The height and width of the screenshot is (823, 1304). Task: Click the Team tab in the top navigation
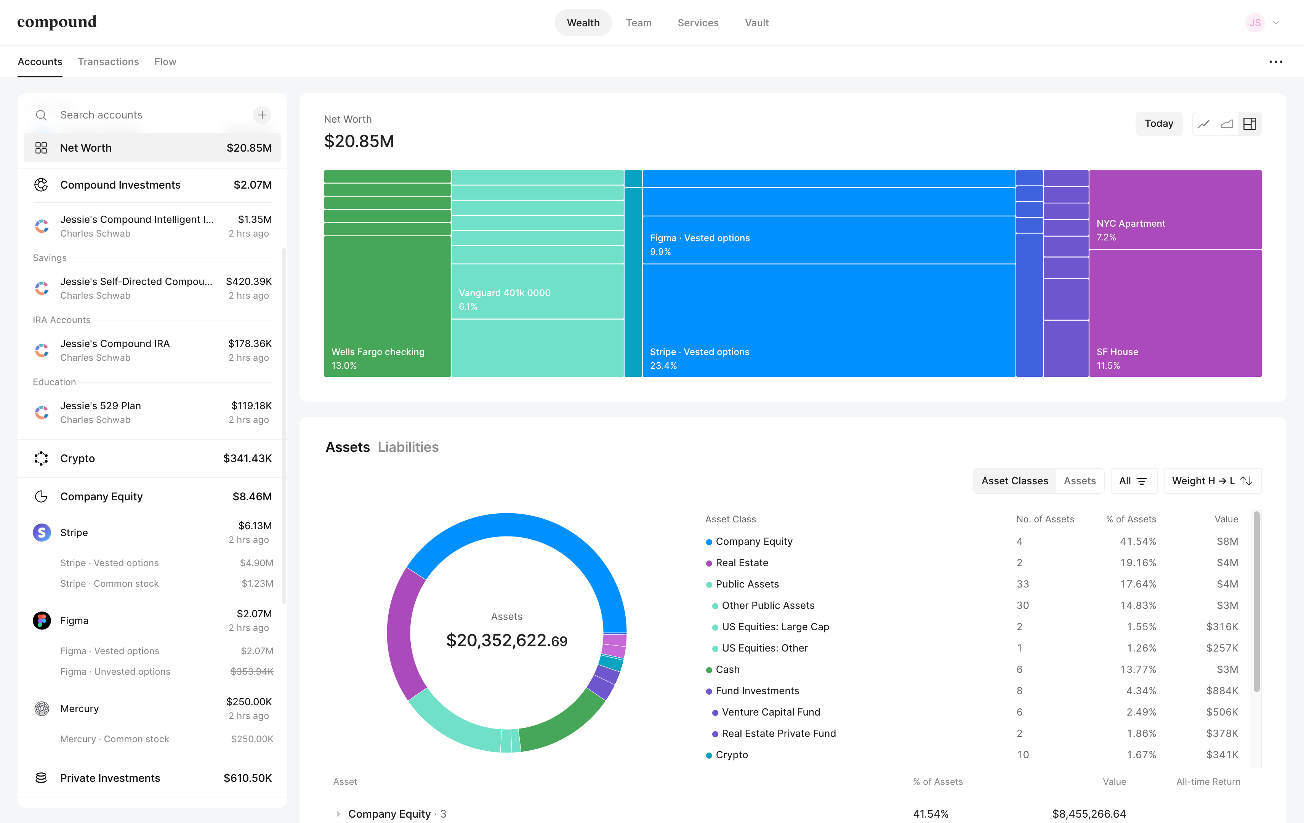tap(638, 23)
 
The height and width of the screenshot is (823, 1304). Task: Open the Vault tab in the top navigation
tap(756, 23)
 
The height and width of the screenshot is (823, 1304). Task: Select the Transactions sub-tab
tap(108, 62)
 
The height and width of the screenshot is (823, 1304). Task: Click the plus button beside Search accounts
tap(262, 115)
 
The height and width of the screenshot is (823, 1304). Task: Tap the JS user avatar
tap(1255, 23)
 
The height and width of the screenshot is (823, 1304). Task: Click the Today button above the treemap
tap(1159, 123)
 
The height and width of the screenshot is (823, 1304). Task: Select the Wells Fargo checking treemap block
tap(387, 306)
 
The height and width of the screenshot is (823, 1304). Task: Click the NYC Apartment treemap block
tap(1175, 210)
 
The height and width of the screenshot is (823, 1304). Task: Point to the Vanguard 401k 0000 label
tap(505, 293)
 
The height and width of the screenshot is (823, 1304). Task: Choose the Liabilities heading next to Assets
tap(409, 447)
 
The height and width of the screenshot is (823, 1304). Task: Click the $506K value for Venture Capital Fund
tap(1222, 712)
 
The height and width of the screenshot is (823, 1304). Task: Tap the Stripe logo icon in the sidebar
tap(42, 533)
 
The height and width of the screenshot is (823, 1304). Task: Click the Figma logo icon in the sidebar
tap(42, 621)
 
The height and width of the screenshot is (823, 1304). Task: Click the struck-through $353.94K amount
tap(252, 671)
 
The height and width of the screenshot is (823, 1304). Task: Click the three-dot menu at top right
tap(1275, 62)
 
